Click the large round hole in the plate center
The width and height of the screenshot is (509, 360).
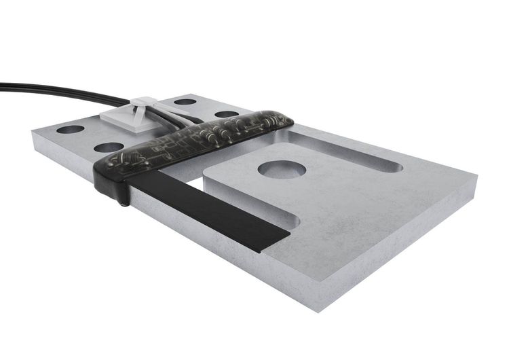282,169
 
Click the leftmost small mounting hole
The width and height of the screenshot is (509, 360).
70,129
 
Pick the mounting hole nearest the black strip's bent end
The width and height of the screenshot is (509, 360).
109,147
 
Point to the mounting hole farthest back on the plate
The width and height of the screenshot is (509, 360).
185,102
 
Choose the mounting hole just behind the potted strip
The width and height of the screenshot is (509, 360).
226,114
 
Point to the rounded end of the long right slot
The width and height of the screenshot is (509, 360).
392,166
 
